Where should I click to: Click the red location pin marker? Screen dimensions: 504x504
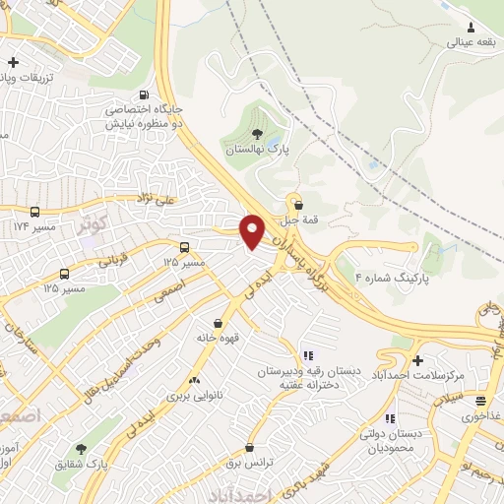pyautogui.click(x=253, y=230)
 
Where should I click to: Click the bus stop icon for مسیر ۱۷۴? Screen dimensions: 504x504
pyautogui.click(x=35, y=211)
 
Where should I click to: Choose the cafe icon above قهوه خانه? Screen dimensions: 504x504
pyautogui.click(x=218, y=322)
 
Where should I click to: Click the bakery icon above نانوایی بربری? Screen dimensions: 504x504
pyautogui.click(x=193, y=379)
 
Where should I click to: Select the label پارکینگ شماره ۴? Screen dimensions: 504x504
pyautogui.click(x=402, y=278)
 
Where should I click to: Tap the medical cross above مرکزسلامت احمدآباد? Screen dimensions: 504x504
pyautogui.click(x=418, y=360)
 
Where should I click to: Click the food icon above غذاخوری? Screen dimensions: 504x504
pyautogui.click(x=480, y=401)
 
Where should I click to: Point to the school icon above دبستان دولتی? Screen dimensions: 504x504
pyautogui.click(x=391, y=418)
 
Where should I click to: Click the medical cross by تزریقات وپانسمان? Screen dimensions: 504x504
pyautogui.click(x=12, y=63)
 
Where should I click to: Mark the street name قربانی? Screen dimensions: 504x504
pyautogui.click(x=111, y=263)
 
